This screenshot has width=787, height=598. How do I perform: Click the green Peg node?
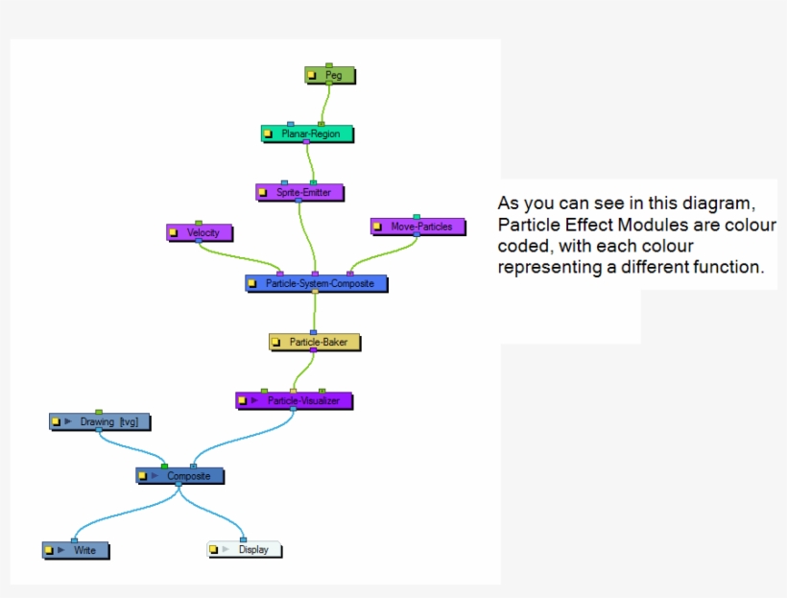point(330,75)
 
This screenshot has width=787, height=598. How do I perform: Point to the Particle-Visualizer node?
point(293,400)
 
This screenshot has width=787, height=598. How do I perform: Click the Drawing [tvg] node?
point(101,421)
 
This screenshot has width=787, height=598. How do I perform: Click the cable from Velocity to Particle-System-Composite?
point(240,255)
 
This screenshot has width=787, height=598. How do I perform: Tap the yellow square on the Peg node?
point(313,76)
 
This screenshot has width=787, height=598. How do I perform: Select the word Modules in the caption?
point(680,226)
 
